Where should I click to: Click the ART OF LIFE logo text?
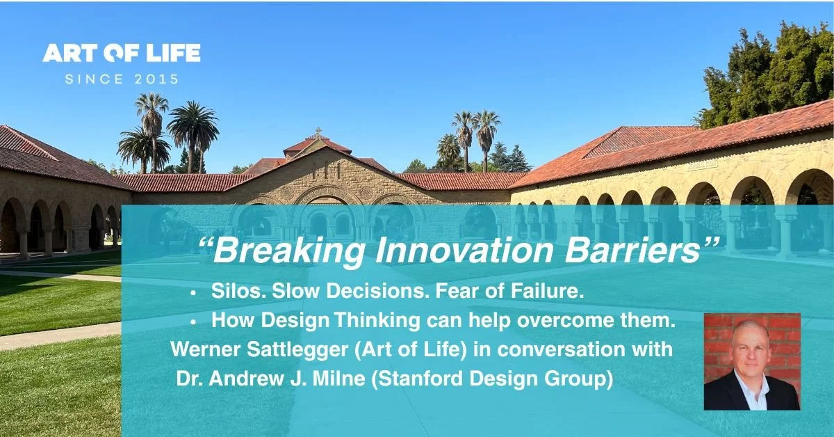(x=122, y=53)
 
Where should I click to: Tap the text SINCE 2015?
(x=122, y=79)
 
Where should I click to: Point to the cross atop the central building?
(x=318, y=131)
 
